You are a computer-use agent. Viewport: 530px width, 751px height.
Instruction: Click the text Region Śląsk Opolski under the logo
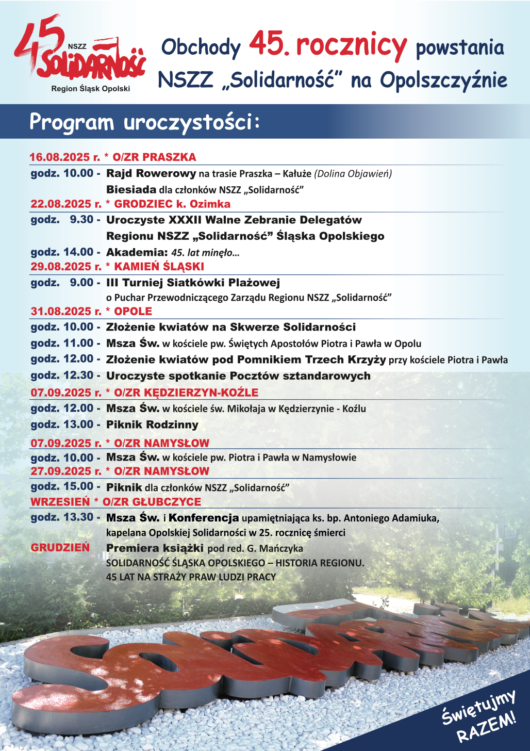(x=91, y=89)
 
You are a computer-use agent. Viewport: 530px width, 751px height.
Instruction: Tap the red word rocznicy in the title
(x=352, y=45)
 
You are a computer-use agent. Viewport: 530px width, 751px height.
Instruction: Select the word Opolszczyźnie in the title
(x=443, y=80)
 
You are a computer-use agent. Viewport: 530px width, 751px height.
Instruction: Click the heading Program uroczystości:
(x=145, y=122)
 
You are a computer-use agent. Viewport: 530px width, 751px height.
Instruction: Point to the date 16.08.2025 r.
(x=65, y=157)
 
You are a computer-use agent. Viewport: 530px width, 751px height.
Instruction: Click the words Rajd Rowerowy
(x=151, y=173)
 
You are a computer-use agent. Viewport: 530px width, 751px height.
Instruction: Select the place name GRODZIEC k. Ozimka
(x=172, y=204)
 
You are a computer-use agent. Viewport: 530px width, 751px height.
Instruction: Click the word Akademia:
(x=137, y=252)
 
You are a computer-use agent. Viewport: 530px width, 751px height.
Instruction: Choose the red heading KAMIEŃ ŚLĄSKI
(x=159, y=267)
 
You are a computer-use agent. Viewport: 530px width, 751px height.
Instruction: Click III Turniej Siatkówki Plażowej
(x=193, y=283)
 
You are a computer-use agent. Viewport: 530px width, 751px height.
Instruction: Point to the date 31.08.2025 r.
(x=66, y=312)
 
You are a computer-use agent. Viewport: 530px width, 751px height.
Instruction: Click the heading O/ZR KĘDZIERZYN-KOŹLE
(x=186, y=393)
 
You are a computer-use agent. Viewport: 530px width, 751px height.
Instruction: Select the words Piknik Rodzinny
(x=152, y=425)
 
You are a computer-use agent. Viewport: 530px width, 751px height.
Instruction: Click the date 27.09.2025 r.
(x=66, y=471)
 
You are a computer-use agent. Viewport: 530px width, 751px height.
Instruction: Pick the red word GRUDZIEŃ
(x=60, y=548)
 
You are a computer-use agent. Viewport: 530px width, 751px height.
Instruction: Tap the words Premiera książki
(x=155, y=548)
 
